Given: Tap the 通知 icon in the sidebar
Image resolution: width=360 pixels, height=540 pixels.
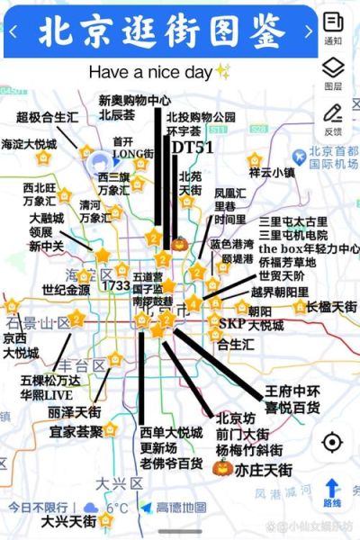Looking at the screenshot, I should [x=332, y=24].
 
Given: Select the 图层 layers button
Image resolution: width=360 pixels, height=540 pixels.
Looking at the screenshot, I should [x=332, y=71].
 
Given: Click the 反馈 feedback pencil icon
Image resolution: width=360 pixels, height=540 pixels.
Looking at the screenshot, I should [x=332, y=117].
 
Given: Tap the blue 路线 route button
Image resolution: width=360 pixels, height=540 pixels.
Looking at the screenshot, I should [x=332, y=492].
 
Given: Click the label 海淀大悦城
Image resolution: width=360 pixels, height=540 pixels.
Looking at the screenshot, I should [x=29, y=144].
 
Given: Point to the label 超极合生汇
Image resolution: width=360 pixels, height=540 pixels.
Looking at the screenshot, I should [x=47, y=117].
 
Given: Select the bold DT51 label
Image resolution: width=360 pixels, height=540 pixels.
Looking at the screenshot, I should [x=193, y=147].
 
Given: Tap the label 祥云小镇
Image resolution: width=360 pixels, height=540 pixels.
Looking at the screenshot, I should [x=272, y=172].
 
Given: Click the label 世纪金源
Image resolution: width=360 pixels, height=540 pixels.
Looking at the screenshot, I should [x=66, y=290].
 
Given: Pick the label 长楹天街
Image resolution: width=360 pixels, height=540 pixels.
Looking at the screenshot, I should [x=331, y=307].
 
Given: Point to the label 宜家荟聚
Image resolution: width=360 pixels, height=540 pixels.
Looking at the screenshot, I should [x=76, y=431].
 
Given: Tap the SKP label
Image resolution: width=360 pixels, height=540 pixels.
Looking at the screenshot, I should [x=232, y=321].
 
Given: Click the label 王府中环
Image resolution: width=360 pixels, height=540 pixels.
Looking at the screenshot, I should [x=292, y=391].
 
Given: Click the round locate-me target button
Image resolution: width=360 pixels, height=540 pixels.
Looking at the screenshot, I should [x=332, y=443].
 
